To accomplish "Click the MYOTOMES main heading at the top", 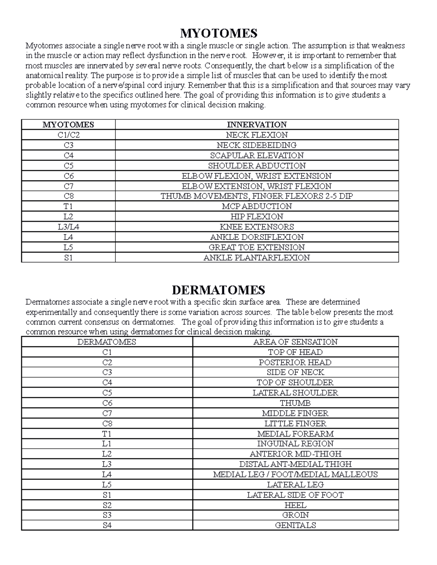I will [x=219, y=33].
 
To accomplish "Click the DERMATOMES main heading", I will [x=219, y=290].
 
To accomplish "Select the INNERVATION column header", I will [x=257, y=124].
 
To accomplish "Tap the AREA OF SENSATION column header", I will [x=295, y=342].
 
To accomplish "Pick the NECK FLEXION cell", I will [x=257, y=135].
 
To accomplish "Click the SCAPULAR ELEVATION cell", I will [x=257, y=155].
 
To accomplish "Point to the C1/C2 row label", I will [x=68, y=135].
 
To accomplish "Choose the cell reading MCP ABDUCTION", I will [x=257, y=206].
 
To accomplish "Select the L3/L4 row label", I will [x=68, y=227].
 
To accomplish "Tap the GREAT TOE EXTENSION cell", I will [x=257, y=247].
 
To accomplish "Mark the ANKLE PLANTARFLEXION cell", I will [x=257, y=258].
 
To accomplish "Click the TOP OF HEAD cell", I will [x=295, y=352].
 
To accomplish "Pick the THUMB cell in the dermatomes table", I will [x=295, y=403].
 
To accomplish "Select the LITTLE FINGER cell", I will [x=295, y=423].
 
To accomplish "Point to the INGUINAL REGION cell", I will [x=295, y=443].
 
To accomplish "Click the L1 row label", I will [x=107, y=443].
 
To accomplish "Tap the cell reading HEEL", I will [x=295, y=505].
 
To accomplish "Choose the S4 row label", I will [x=107, y=525].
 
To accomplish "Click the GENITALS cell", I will [x=295, y=525].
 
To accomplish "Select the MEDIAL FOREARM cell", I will [x=295, y=434].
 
